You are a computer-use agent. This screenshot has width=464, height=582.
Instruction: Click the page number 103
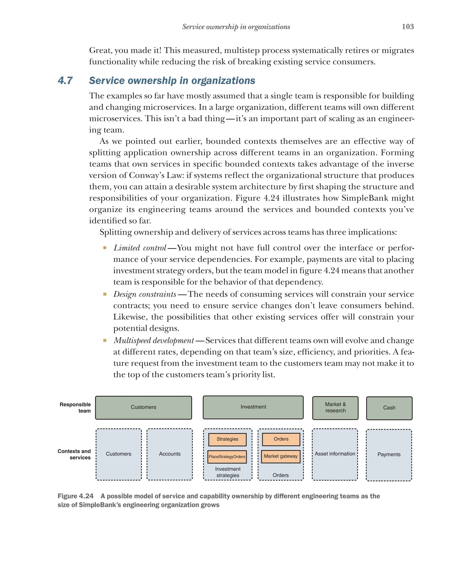tap(408, 27)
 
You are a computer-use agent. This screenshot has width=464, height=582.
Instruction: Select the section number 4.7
tap(65, 80)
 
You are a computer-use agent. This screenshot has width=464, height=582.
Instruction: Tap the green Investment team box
tap(253, 407)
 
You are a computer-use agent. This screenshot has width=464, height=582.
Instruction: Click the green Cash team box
tap(389, 408)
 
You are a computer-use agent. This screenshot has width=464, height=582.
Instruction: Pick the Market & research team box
tap(335, 408)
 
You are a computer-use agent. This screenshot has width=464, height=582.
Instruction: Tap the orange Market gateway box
tap(280, 456)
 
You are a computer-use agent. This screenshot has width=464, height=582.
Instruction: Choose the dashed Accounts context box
tap(169, 454)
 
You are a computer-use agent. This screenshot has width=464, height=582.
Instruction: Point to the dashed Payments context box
tap(389, 455)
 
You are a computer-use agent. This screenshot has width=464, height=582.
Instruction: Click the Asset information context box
tap(335, 454)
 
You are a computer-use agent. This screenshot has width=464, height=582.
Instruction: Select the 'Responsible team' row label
tap(75, 408)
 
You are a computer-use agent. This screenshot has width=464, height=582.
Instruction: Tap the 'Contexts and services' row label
tap(74, 454)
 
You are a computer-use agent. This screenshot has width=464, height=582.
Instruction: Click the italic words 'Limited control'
tap(140, 248)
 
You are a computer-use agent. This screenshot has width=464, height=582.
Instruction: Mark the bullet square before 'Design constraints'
tap(105, 294)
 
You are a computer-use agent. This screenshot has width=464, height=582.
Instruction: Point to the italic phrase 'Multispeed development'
tap(154, 341)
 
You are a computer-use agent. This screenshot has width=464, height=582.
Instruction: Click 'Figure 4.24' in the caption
tap(76, 496)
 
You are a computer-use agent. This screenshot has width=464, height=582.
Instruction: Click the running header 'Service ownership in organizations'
tap(236, 27)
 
